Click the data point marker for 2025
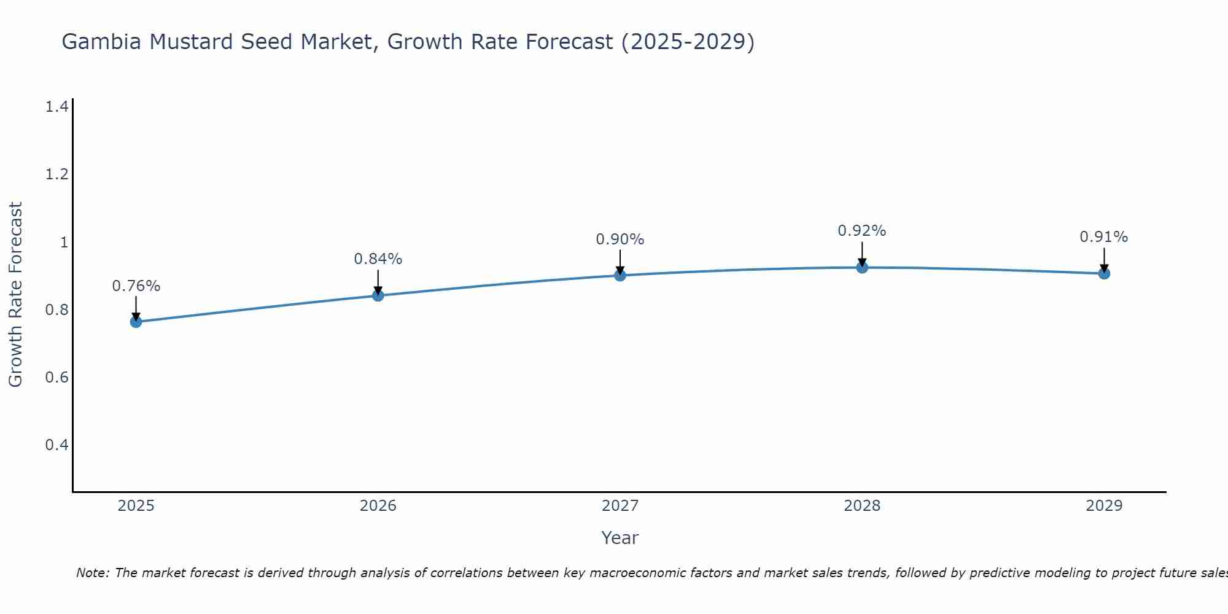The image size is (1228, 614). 136,322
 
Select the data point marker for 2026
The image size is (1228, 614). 378,295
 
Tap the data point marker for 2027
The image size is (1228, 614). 620,275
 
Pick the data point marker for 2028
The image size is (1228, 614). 861,267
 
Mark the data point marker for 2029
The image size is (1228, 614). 1103,273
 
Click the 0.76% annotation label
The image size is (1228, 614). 136,286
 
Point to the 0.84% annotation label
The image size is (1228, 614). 378,259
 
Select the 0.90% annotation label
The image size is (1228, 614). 620,239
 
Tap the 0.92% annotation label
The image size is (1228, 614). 861,231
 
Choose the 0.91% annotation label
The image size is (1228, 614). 1103,237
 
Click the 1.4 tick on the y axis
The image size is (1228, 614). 56,107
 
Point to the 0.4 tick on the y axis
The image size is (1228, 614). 56,445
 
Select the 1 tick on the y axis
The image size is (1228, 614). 63,242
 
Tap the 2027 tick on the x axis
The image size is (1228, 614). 620,506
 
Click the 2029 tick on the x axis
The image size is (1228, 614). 1103,506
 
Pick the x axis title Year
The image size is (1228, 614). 620,538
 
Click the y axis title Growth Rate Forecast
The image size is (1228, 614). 15,294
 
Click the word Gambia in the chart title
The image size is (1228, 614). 102,42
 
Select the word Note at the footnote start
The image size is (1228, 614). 92,573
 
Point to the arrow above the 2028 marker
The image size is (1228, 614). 861,253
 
